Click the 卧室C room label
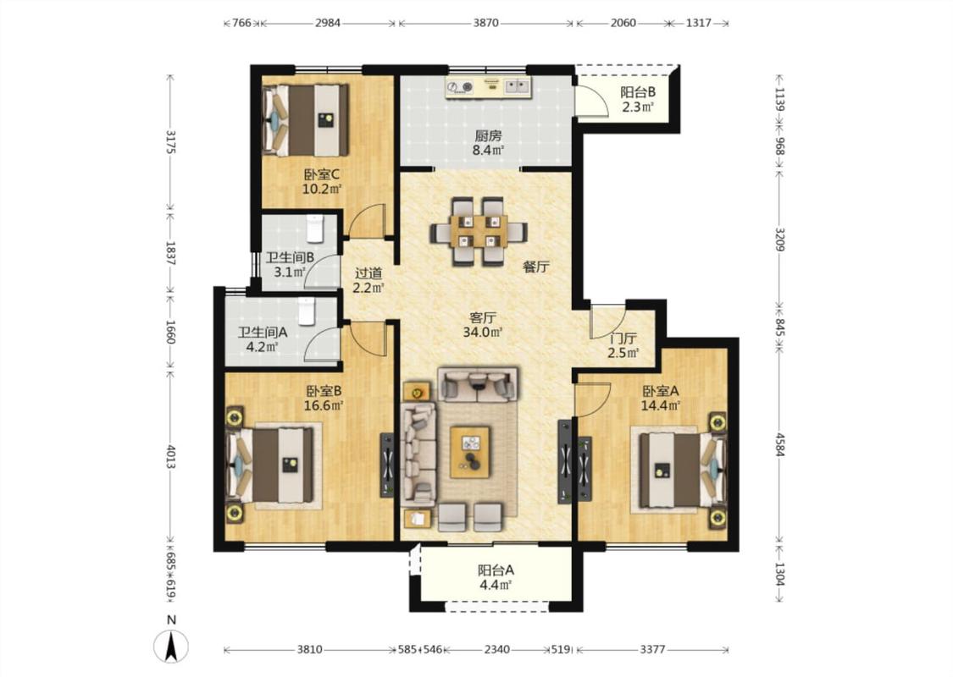[322, 175]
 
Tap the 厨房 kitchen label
[488, 135]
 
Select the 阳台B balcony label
[638, 92]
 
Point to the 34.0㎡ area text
[483, 332]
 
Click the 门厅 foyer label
[623, 338]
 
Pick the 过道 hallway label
[368, 273]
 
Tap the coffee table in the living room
[470, 453]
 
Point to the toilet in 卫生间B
[314, 228]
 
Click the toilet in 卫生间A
[307, 311]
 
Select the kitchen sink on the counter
[518, 85]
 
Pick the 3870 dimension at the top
[485, 23]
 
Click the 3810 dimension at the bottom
[309, 650]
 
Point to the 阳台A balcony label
[496, 570]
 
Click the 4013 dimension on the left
[171, 457]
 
